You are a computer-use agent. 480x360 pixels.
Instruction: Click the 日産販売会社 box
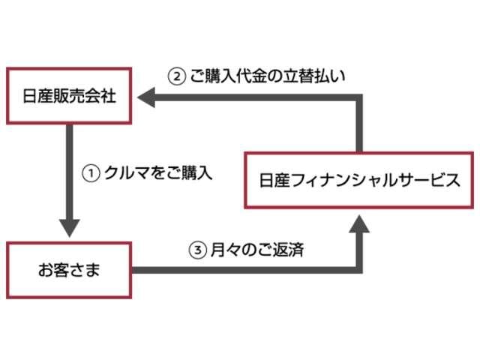(68, 96)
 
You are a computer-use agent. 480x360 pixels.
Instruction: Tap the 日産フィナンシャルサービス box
(359, 181)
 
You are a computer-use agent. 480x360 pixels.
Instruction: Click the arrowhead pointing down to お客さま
(68, 226)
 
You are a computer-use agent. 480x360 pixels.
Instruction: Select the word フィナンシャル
(339, 181)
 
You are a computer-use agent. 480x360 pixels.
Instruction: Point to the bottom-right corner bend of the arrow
(359, 268)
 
